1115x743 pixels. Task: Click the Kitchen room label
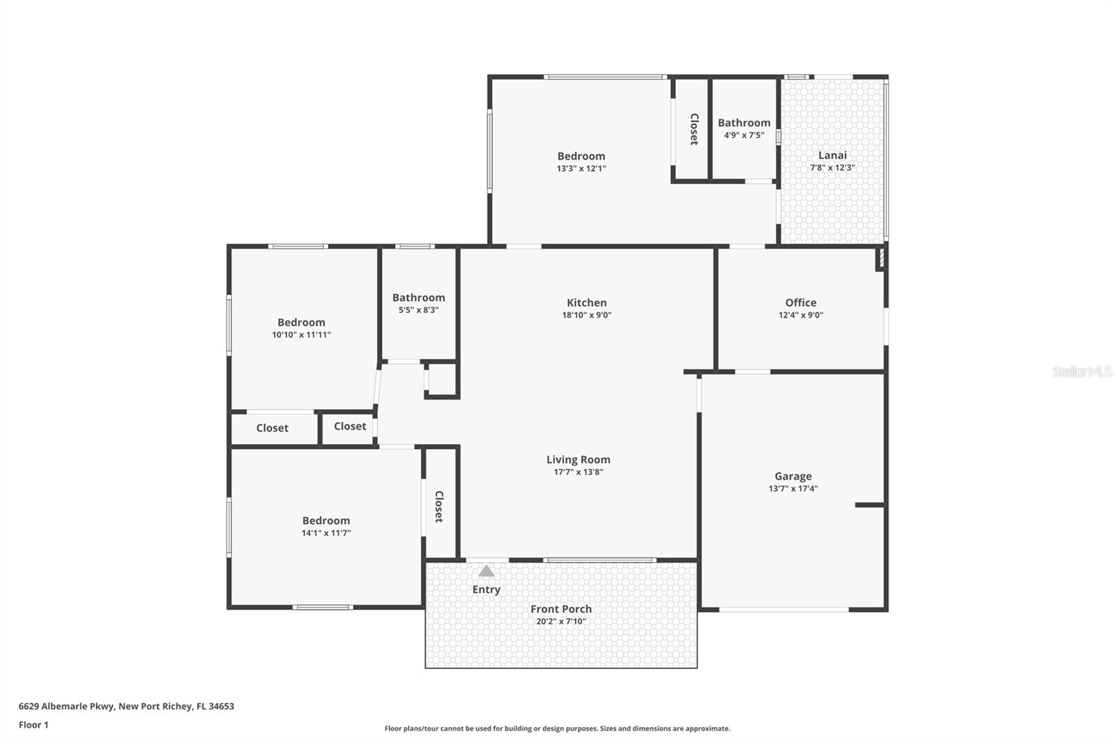586,302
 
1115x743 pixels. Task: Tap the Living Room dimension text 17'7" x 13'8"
578,472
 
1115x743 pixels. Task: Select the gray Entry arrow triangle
486,572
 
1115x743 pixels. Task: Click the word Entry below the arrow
486,590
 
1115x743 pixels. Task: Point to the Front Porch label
561,608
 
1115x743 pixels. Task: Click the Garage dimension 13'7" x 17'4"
792,489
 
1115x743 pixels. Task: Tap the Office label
800,302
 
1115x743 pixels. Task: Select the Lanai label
832,155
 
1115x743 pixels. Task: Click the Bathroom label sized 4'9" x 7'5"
744,123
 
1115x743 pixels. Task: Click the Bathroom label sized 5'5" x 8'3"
418,298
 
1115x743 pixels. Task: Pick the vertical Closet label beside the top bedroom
694,129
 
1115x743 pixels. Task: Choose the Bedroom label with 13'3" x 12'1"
580,156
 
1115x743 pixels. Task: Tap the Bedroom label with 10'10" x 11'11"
301,322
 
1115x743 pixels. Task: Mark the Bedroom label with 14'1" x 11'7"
325,521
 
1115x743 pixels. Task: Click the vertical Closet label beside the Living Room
439,507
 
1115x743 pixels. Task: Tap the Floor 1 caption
33,725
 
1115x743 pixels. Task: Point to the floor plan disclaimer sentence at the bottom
557,728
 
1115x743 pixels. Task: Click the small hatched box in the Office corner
880,259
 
